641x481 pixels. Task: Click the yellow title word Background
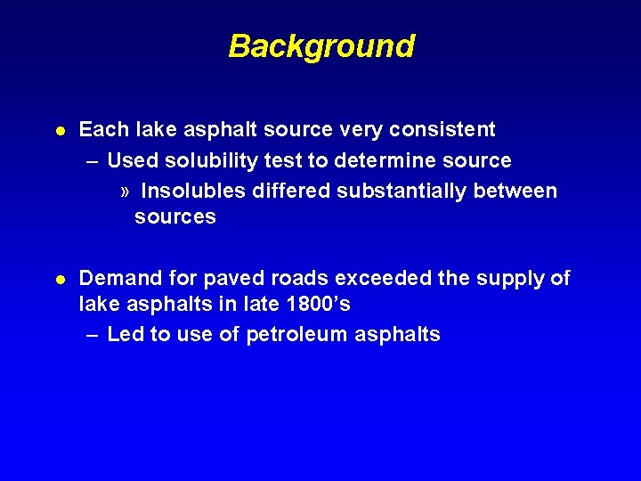click(321, 45)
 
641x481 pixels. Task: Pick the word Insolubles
click(194, 192)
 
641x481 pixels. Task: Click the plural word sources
click(175, 217)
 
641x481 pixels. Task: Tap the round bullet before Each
click(59, 131)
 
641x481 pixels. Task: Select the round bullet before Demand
click(59, 280)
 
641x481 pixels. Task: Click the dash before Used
click(93, 161)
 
